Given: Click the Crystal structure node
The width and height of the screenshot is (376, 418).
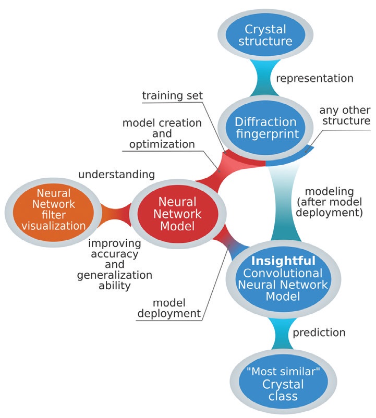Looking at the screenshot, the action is [x=265, y=35].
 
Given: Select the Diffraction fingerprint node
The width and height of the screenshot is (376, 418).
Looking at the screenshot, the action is [x=265, y=127].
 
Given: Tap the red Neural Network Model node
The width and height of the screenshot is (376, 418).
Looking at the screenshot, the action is [x=178, y=214].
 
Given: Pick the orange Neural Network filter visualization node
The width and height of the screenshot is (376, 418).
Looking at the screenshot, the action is [x=53, y=212].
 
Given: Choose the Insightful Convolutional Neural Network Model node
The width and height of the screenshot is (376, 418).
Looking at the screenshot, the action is [x=283, y=279].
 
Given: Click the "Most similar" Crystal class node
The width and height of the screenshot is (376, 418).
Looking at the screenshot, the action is [x=283, y=382].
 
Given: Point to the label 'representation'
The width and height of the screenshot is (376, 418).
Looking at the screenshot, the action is [x=314, y=78].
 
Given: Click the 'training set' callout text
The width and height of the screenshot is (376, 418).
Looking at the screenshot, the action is [x=172, y=95].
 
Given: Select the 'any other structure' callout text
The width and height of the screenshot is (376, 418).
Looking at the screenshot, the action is [x=345, y=115].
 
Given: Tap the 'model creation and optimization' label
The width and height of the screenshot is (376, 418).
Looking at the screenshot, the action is [x=162, y=133].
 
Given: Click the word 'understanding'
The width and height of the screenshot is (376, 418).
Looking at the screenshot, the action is [x=116, y=175].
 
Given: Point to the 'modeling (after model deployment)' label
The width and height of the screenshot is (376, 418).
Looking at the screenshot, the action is [x=330, y=202].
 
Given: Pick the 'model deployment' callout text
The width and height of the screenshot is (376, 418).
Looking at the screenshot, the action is [x=169, y=308].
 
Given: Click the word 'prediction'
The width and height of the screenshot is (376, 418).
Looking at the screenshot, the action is [x=319, y=333].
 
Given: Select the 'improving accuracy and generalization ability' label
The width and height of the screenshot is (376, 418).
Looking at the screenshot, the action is [x=115, y=264].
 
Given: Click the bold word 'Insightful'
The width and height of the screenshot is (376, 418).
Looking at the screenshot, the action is [x=283, y=261].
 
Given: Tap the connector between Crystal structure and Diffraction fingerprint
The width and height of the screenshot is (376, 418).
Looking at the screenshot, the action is [x=264, y=78].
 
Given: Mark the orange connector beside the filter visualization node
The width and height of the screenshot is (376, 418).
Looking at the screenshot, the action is [x=115, y=213].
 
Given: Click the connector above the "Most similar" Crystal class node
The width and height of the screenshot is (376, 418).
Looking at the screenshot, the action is [x=283, y=334].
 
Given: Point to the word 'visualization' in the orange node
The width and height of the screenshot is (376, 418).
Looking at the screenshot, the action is [x=54, y=226].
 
